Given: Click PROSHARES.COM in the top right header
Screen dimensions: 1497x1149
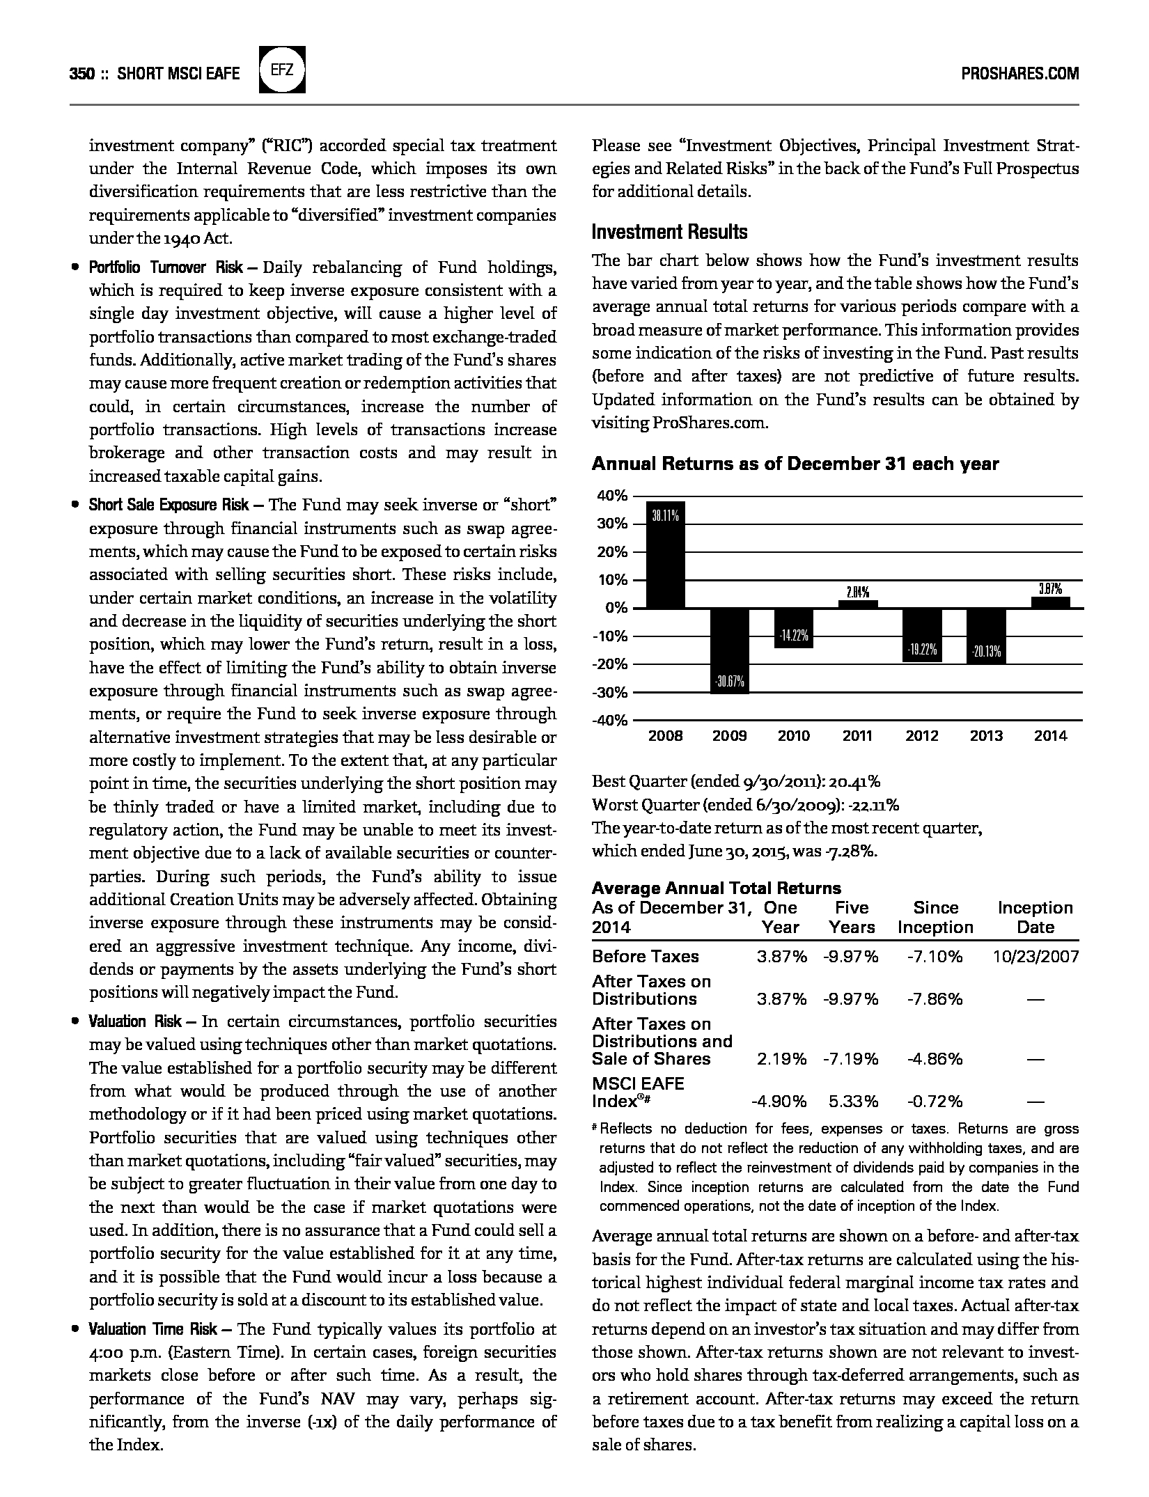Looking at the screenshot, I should (x=1019, y=73).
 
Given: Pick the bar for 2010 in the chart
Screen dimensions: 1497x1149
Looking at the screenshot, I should (x=794, y=627).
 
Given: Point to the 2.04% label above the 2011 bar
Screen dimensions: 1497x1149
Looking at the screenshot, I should (x=857, y=593).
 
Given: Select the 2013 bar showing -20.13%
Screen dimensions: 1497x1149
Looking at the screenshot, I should (x=986, y=636).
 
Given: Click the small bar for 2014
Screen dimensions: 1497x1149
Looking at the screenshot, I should (x=1050, y=602).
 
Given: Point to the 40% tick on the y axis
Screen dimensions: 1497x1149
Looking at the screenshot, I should (x=612, y=496).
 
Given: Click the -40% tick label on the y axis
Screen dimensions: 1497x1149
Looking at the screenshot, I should (x=610, y=721).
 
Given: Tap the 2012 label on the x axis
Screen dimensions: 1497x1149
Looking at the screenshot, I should (x=922, y=736).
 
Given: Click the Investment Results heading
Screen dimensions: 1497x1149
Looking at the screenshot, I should (x=669, y=233).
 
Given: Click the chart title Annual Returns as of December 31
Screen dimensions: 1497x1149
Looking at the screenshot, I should (x=795, y=464).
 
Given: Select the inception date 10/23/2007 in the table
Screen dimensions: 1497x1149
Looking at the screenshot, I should (x=1035, y=957).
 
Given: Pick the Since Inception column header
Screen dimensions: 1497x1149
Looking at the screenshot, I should (x=935, y=917).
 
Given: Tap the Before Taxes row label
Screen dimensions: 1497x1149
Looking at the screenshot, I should (x=645, y=957).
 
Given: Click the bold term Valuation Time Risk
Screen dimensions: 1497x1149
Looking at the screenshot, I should (x=153, y=1329).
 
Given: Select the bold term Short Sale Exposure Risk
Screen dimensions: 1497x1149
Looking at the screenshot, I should (x=169, y=505).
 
